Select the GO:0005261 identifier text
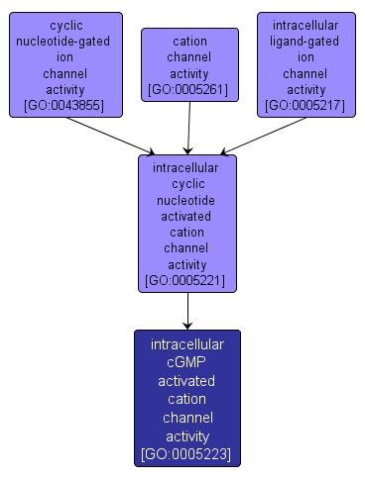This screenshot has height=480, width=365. click(x=189, y=90)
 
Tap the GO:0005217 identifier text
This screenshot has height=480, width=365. click(x=304, y=105)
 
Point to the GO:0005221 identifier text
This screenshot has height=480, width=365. click(x=187, y=281)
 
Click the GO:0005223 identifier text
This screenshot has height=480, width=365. click(x=187, y=455)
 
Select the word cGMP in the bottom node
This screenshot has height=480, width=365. click(x=187, y=362)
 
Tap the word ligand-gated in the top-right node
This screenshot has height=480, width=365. click(x=304, y=42)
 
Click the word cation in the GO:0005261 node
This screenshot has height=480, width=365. click(x=189, y=43)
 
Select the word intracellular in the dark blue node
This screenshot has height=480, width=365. click(x=187, y=344)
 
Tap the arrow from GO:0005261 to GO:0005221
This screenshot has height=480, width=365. click(x=188, y=128)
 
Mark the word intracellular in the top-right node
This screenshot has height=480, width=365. click(x=304, y=26)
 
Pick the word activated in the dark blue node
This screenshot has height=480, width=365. click(x=187, y=381)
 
